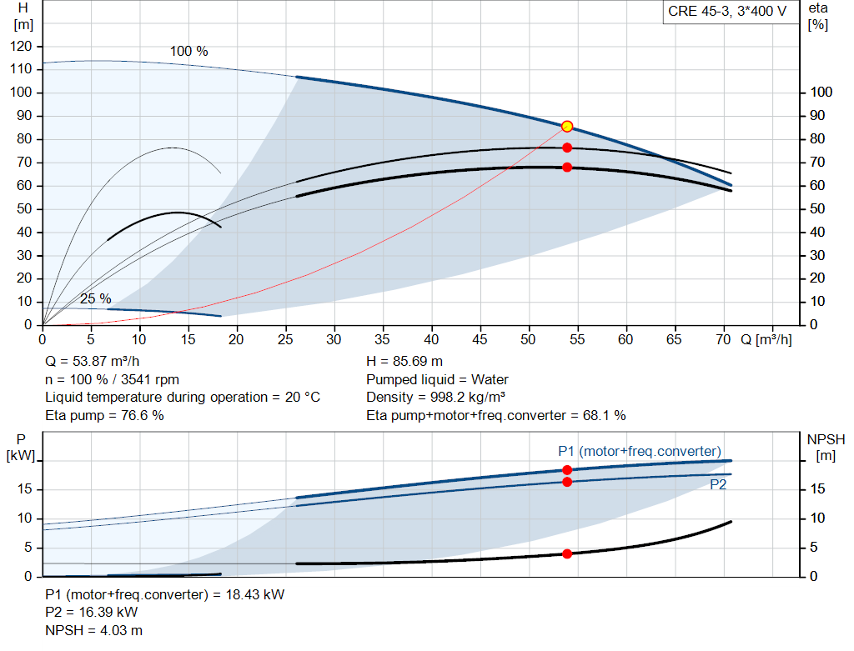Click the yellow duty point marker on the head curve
point(567,126)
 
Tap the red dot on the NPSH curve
point(567,553)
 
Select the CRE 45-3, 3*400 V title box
point(727,12)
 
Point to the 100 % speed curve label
point(189,51)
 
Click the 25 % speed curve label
point(96,298)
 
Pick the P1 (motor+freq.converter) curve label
point(640,451)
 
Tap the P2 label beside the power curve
point(718,484)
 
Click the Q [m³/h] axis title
point(766,339)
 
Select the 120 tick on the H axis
point(21,47)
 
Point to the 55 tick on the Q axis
point(577,339)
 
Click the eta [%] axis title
point(818,17)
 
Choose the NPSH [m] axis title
point(826,448)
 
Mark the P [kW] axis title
point(21,448)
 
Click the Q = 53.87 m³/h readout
point(92,362)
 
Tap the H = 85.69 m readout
point(404,362)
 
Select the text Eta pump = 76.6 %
point(104,415)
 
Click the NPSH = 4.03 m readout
point(93,630)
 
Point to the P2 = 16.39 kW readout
point(92,613)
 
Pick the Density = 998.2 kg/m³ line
point(435,398)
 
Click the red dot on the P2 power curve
point(567,482)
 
